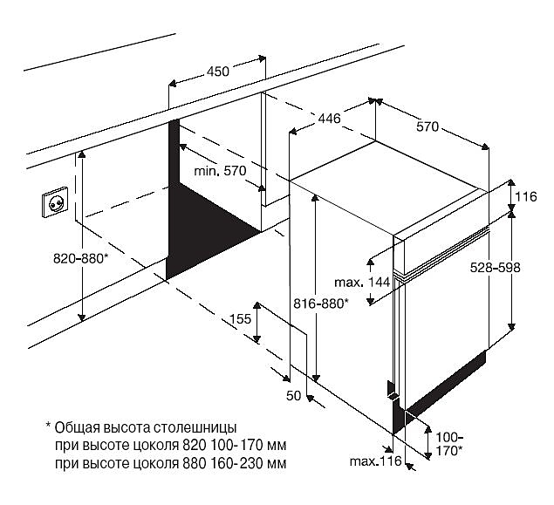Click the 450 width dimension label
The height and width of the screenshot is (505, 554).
point(218,72)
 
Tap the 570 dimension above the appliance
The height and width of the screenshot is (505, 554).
point(427,126)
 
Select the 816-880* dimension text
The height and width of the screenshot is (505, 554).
point(320,303)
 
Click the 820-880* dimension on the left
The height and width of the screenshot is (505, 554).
point(79,258)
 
